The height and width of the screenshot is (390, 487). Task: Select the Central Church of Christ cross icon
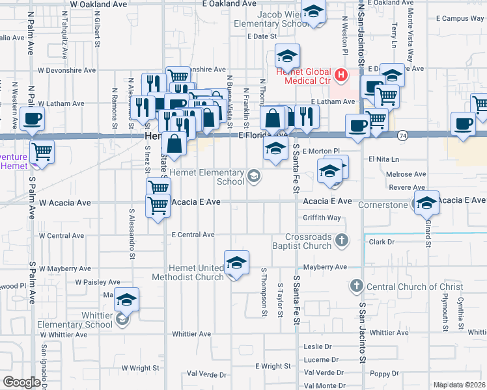point(356,286)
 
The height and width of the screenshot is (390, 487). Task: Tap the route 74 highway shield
point(403,135)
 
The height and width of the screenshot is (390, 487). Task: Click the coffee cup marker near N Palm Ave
point(32,118)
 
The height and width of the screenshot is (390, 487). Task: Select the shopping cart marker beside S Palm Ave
point(42,151)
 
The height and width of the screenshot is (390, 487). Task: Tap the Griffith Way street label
point(318,218)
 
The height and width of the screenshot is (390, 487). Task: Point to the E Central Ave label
point(193,235)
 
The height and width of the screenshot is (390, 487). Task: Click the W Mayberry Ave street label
point(64,268)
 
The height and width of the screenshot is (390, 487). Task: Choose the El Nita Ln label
point(383,159)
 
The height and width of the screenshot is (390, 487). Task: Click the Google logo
point(21,382)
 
